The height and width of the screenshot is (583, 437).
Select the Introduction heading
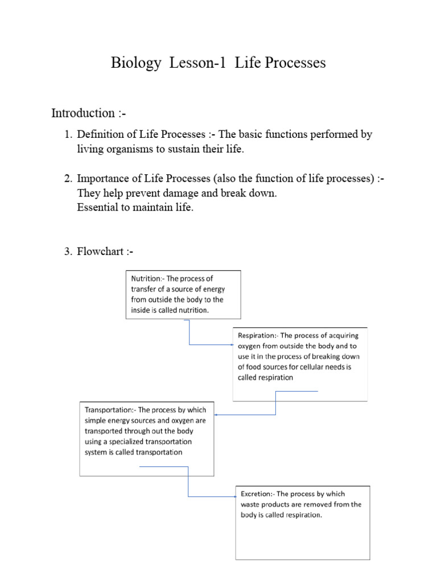[x=83, y=113]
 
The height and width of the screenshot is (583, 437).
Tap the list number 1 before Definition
[x=67, y=135]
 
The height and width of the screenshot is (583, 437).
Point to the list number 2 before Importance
[x=67, y=179]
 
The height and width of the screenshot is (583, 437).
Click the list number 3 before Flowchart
[x=67, y=252]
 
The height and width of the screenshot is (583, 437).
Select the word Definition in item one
[x=102, y=135]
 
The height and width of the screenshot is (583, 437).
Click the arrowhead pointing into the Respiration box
[x=232, y=344]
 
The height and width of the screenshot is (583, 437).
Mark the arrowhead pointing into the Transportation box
[x=216, y=414]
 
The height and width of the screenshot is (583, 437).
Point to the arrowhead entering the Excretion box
[x=234, y=496]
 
